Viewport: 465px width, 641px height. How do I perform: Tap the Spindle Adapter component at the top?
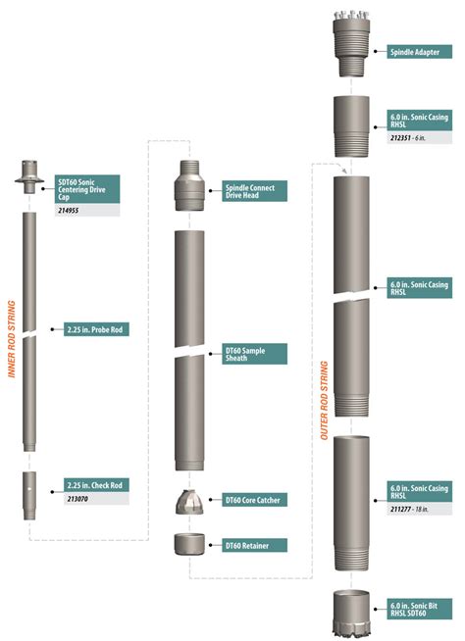[351, 43]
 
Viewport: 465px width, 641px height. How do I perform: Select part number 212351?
[400, 138]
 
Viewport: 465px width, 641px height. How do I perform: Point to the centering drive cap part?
[29, 176]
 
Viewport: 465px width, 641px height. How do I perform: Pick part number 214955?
[68, 211]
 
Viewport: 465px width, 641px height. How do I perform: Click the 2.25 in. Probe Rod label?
[96, 329]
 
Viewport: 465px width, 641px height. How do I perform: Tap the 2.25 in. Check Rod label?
[96, 485]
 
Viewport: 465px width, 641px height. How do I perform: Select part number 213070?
[77, 499]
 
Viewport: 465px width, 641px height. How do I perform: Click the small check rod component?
[29, 496]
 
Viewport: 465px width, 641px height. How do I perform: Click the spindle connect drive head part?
[190, 185]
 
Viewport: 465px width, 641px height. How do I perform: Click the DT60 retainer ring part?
[189, 544]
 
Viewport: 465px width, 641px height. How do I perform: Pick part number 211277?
[400, 509]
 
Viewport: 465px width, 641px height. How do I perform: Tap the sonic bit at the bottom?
[351, 614]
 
